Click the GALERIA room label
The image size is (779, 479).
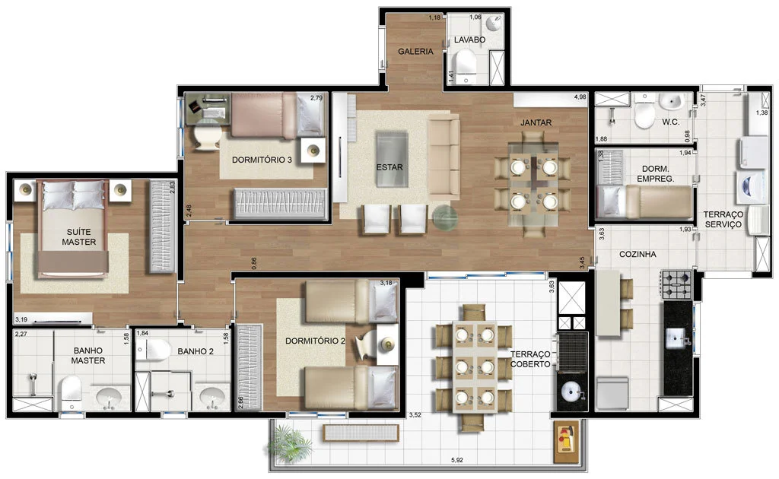(x=415, y=51)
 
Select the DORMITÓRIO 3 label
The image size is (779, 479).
(x=262, y=160)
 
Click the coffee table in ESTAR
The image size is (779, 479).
(x=392, y=159)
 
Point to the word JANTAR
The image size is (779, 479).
(x=536, y=122)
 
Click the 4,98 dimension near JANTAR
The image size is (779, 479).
(x=580, y=97)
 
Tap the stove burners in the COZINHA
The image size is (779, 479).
(x=676, y=285)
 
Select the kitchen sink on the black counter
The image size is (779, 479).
(x=677, y=338)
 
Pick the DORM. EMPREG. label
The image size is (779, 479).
(x=655, y=173)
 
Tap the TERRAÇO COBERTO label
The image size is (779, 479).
(x=530, y=359)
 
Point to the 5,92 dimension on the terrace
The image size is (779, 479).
(x=457, y=460)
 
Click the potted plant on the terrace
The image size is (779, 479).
(x=290, y=443)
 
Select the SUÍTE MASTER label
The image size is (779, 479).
(x=79, y=236)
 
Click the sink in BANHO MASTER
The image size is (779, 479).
(x=109, y=398)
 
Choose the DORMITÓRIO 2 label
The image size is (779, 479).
(x=315, y=341)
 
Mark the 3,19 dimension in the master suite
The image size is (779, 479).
(x=21, y=319)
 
